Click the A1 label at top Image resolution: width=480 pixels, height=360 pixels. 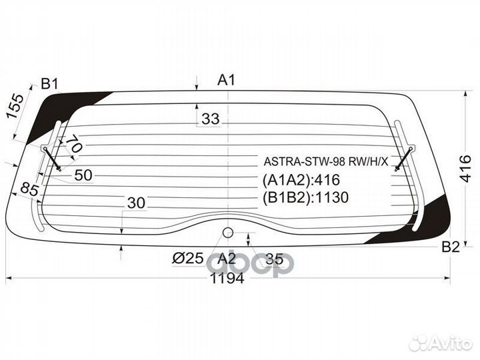point(227,81)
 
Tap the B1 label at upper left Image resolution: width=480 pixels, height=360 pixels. point(50,84)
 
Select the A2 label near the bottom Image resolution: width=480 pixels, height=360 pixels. point(227,259)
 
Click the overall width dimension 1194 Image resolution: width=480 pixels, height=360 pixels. point(227,279)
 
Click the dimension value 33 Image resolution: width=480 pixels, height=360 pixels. point(210,119)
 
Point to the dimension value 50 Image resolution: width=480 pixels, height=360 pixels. point(83,175)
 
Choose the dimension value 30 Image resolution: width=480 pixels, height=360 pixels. point(136,203)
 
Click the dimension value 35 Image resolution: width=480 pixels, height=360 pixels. point(274,259)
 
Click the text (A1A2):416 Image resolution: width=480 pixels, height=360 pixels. point(301,179)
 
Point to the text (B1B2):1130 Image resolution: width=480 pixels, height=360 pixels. point(306,197)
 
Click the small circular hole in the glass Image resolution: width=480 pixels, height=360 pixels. point(227,232)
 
